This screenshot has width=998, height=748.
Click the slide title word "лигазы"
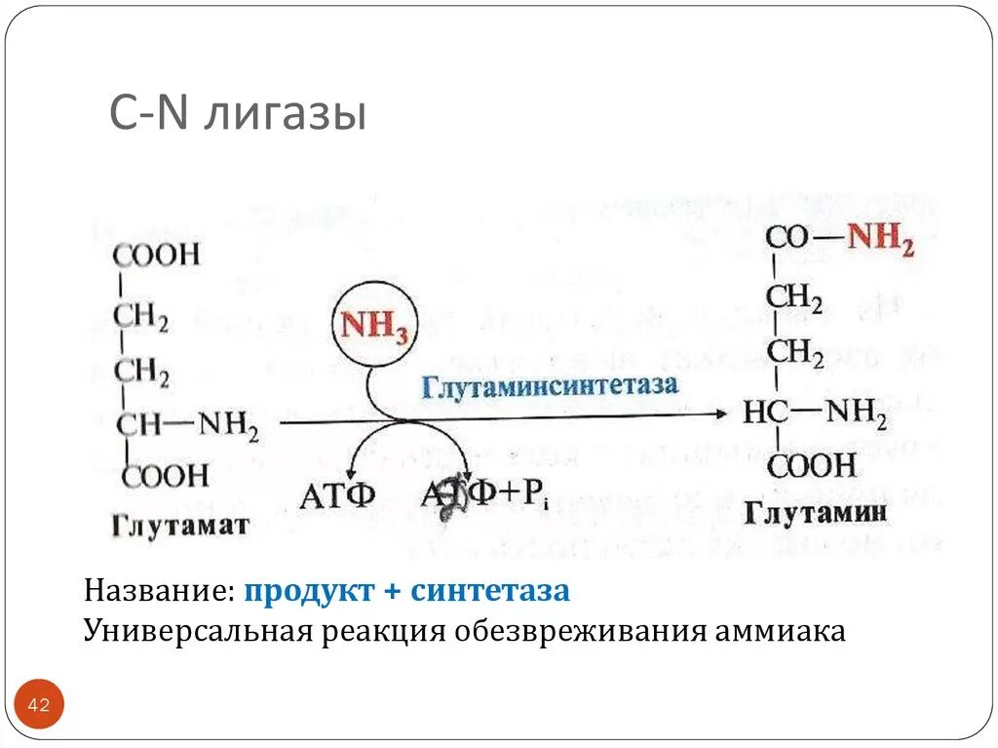(x=286, y=115)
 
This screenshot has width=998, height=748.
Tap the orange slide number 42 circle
(x=39, y=704)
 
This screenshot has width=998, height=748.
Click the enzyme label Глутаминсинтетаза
(x=550, y=384)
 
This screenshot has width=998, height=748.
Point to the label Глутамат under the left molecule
(x=180, y=527)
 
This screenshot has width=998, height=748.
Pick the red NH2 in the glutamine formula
(x=880, y=239)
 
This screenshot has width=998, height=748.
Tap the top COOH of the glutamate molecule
(x=156, y=256)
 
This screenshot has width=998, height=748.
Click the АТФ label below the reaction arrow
(x=337, y=496)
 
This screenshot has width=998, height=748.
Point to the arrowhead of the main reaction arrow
(x=720, y=414)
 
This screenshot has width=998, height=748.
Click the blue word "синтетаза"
(x=490, y=591)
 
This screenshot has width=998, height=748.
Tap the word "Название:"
(x=159, y=591)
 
